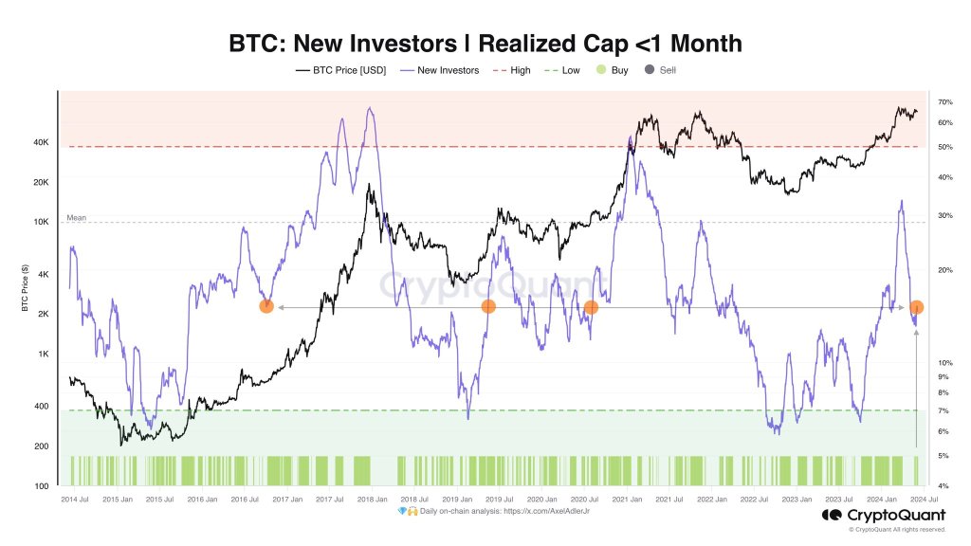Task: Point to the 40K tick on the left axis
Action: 43,143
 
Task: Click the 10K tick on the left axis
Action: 43,223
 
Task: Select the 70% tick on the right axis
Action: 944,102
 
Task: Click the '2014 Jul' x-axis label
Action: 75,499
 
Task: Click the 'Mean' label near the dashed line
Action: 76,218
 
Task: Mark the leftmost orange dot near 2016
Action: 266,306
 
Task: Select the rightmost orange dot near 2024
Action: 917,307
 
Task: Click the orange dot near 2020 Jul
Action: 591,307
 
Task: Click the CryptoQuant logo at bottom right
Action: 883,516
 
